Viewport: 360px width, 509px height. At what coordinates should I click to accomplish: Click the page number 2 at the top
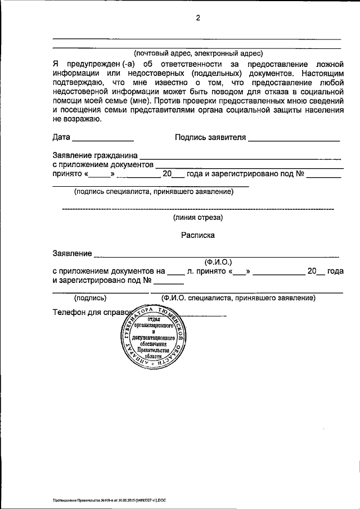[x=197, y=17]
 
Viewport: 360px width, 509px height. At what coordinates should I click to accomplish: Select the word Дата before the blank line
[x=61, y=137]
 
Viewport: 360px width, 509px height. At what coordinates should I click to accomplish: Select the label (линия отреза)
[x=197, y=217]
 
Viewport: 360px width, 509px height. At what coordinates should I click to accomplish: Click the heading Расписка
[x=197, y=236]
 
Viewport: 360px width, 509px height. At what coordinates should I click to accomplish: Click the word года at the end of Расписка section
[x=335, y=271]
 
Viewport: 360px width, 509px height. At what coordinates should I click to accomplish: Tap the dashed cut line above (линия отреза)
[x=197, y=209]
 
